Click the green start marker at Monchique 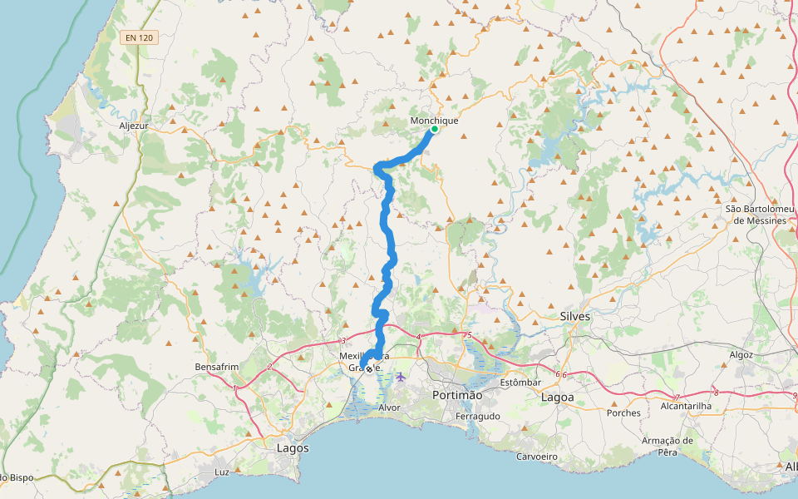tap(434, 129)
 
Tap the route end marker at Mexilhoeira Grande tap(368, 369)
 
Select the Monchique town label tap(434, 120)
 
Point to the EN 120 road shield tap(138, 37)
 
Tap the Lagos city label tap(292, 447)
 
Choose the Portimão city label tap(457, 395)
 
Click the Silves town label tap(575, 316)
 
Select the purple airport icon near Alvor tap(401, 377)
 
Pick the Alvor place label tap(389, 408)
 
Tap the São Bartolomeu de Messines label tap(756, 215)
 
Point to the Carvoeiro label tap(535, 457)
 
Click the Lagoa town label tap(557, 398)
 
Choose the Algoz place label tap(741, 354)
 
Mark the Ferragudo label tap(478, 416)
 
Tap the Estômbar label tap(521, 383)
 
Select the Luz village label tap(221, 472)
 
